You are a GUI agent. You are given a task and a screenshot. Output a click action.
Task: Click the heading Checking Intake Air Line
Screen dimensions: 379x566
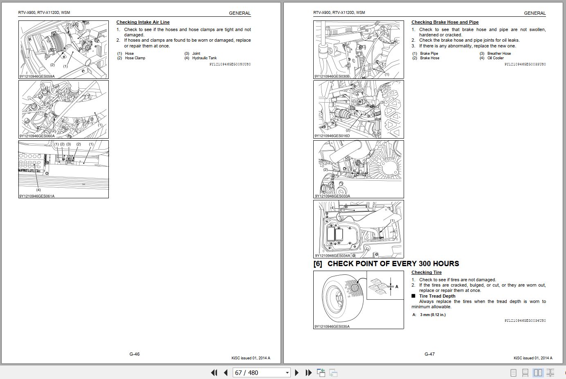[x=143, y=22]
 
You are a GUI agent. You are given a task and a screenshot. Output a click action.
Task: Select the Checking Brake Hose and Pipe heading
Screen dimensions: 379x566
[x=445, y=22]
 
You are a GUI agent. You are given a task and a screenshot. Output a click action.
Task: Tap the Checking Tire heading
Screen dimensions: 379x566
[x=426, y=272]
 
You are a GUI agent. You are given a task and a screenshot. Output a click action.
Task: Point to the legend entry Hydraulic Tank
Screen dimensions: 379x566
[x=204, y=58]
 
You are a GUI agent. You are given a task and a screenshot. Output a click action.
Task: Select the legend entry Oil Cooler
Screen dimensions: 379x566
[x=495, y=58]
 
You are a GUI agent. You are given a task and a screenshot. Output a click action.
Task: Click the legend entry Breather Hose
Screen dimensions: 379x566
[x=499, y=54]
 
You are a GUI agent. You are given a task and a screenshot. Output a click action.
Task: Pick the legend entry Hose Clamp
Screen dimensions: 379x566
[x=135, y=58]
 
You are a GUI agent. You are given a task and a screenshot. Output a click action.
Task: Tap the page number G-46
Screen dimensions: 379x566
[x=135, y=354]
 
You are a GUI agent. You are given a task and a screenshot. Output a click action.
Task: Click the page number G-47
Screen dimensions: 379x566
[x=429, y=354]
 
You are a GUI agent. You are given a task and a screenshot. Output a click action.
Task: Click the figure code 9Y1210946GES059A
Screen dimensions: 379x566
[x=37, y=76]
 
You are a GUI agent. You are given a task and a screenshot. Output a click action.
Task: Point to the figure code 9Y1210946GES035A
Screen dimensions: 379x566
[x=332, y=327]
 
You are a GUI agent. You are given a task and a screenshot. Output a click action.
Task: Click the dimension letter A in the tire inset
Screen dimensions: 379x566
[x=397, y=287]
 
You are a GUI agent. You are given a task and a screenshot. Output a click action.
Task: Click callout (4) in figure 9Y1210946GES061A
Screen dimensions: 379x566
[x=38, y=190]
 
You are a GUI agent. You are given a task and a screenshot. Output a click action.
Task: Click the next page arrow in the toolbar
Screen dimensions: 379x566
[x=297, y=372]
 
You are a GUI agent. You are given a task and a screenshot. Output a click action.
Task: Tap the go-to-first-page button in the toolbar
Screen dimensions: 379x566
[x=213, y=372]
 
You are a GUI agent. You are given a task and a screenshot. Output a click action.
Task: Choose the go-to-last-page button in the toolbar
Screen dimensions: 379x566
[x=309, y=372]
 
